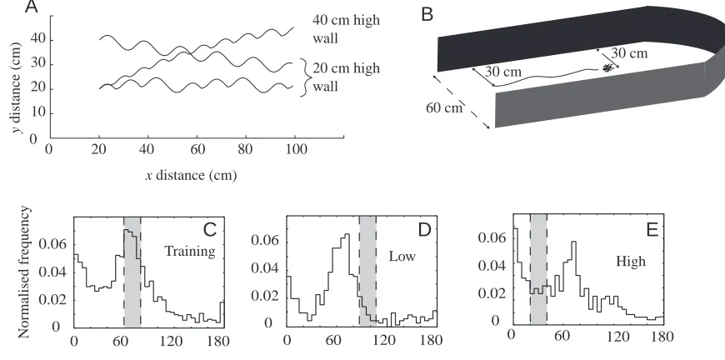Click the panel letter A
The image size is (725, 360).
point(31,7)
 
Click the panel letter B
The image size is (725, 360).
point(427,15)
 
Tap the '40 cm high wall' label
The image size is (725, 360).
point(347,28)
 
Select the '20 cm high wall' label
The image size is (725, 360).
point(347,77)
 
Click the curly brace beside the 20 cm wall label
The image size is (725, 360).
point(304,77)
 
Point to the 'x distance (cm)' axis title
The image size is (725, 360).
point(192,176)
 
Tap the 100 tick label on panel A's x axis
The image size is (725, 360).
point(294,149)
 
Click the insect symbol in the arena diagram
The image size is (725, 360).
point(607,68)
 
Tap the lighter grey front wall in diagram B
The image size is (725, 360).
point(601,95)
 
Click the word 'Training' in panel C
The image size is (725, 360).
point(190,252)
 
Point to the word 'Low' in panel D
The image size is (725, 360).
point(402,256)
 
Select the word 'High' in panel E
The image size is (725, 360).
point(631,262)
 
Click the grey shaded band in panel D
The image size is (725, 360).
point(367,271)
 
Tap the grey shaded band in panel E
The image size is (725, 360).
point(538,268)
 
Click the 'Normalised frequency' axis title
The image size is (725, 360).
point(24,272)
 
